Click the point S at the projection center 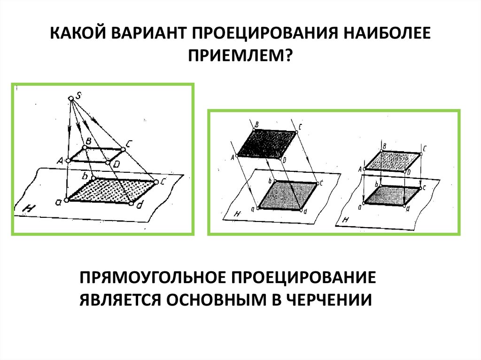[x=71, y=98]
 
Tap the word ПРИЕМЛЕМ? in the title [x=240, y=57]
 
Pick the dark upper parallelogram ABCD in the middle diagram [x=267, y=143]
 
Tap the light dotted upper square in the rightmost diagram [x=392, y=160]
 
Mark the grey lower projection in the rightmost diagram [x=392, y=195]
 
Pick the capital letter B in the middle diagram [x=257, y=124]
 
